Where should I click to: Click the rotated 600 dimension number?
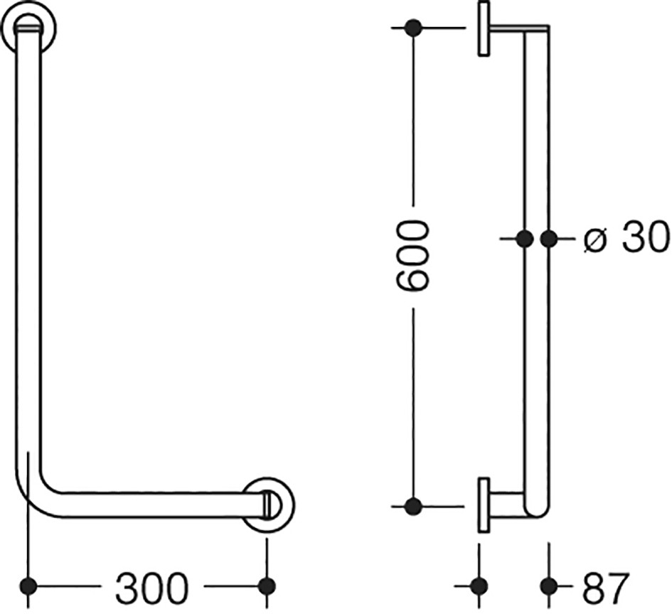[x=412, y=257]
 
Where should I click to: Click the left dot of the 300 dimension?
[x=28, y=586]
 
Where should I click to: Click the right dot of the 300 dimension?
[x=267, y=586]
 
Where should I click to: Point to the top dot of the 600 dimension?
[x=413, y=28]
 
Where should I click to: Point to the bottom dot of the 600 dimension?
[x=413, y=506]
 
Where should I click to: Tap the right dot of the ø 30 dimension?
[x=549, y=239]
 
